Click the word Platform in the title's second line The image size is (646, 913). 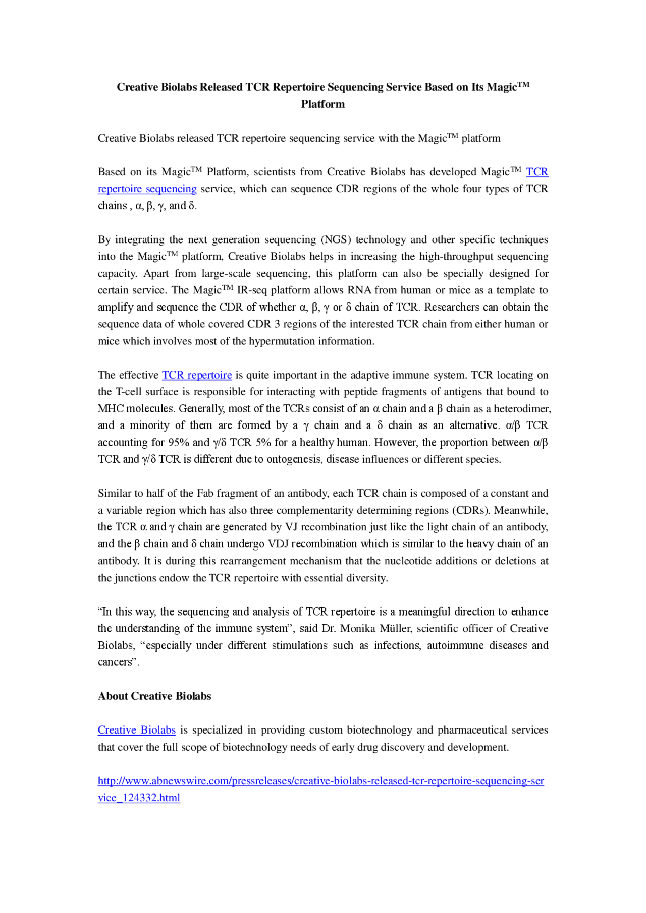pyautogui.click(x=322, y=104)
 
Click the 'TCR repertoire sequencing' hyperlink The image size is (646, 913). pyautogui.click(x=147, y=189)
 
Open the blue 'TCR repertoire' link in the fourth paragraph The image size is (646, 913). pyautogui.click(x=196, y=375)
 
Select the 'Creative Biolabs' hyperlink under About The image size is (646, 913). pyautogui.click(x=136, y=730)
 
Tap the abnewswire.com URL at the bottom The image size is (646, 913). pyautogui.click(x=320, y=781)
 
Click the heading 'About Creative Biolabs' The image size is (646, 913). pyautogui.click(x=154, y=696)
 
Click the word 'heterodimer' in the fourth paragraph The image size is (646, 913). pyautogui.click(x=521, y=409)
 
